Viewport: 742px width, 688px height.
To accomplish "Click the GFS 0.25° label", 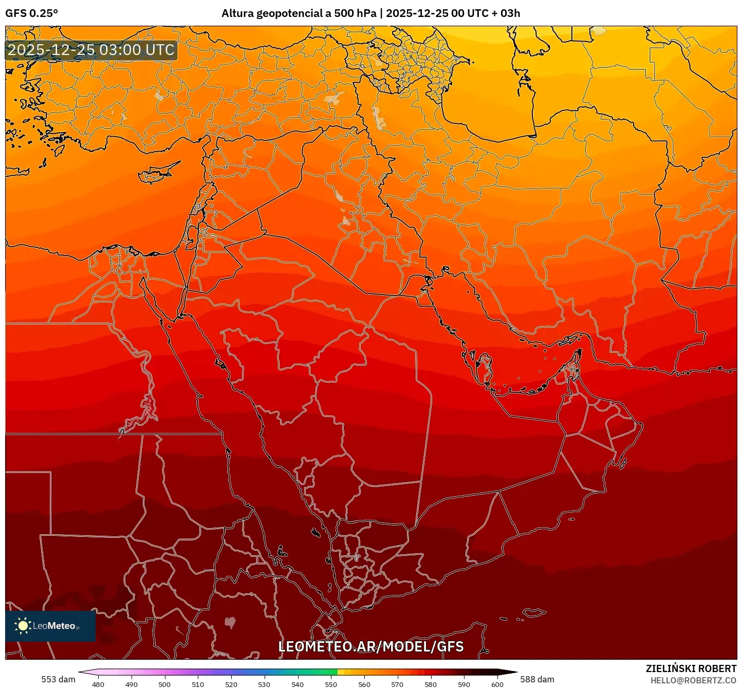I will [x=32, y=13].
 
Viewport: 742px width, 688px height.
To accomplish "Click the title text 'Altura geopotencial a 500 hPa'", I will [x=299, y=13].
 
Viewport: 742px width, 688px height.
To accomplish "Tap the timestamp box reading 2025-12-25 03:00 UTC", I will [x=91, y=50].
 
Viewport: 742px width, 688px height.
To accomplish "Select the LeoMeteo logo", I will [x=50, y=626].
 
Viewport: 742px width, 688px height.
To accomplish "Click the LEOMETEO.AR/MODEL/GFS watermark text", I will [x=370, y=647].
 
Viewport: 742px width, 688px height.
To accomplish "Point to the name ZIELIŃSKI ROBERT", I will [x=691, y=668].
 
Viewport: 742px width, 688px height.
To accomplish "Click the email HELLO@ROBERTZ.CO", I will [x=693, y=680].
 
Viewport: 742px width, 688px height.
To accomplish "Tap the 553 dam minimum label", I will [x=58, y=679].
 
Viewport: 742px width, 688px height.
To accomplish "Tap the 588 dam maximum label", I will [x=537, y=679].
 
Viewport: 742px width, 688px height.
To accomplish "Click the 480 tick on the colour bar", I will [x=98, y=684].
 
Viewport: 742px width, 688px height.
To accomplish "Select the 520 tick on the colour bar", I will [x=231, y=684].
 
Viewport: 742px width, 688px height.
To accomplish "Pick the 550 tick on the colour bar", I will [x=331, y=684].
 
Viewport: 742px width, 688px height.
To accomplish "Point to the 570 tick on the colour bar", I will [x=397, y=684].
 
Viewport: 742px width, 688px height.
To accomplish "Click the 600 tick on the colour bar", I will [x=497, y=684].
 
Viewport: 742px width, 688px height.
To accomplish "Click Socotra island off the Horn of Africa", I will [x=534, y=612].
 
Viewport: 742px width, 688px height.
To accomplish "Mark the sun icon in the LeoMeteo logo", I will [x=23, y=626].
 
